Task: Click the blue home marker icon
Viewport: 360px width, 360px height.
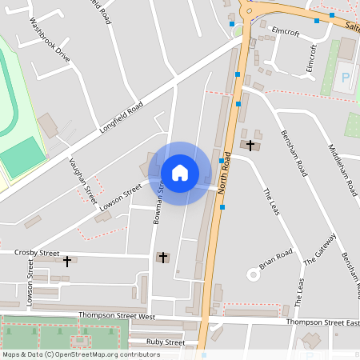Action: (x=179, y=173)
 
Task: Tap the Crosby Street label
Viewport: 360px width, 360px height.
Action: (x=37, y=253)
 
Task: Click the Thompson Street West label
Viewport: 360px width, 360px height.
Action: (x=116, y=316)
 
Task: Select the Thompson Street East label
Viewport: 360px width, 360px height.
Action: (x=322, y=322)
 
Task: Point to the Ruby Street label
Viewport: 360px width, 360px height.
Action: (x=166, y=342)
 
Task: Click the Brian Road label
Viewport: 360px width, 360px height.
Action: (x=276, y=258)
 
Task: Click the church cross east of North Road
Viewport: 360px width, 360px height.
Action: (x=251, y=145)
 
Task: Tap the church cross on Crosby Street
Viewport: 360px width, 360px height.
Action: (x=67, y=261)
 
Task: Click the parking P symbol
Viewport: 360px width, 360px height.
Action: (x=346, y=78)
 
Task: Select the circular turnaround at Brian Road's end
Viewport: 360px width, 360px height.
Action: (x=255, y=274)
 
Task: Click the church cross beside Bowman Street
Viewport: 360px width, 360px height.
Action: (x=163, y=257)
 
